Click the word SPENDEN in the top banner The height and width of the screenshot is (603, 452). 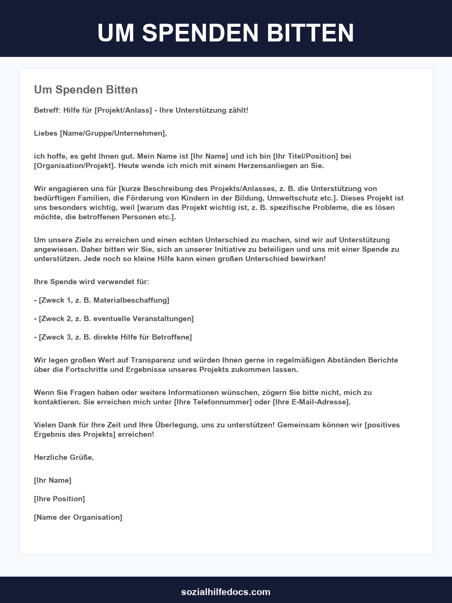coord(200,33)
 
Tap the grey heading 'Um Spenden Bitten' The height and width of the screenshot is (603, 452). coord(86,90)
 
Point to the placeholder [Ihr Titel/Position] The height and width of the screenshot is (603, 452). coord(305,156)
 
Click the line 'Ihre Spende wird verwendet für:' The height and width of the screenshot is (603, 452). coord(92,282)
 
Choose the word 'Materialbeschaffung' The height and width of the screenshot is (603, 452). coord(131,300)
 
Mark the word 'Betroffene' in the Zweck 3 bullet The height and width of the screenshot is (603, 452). coord(171,337)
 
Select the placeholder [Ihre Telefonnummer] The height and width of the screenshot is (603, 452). coord(213,402)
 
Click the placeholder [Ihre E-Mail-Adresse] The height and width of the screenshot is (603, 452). coord(312,402)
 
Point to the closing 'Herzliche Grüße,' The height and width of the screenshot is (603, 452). coord(64,458)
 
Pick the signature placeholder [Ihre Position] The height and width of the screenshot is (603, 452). coord(60,499)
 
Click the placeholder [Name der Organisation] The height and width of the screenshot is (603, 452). coord(78,517)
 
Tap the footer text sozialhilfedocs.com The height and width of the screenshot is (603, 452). coord(226,592)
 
